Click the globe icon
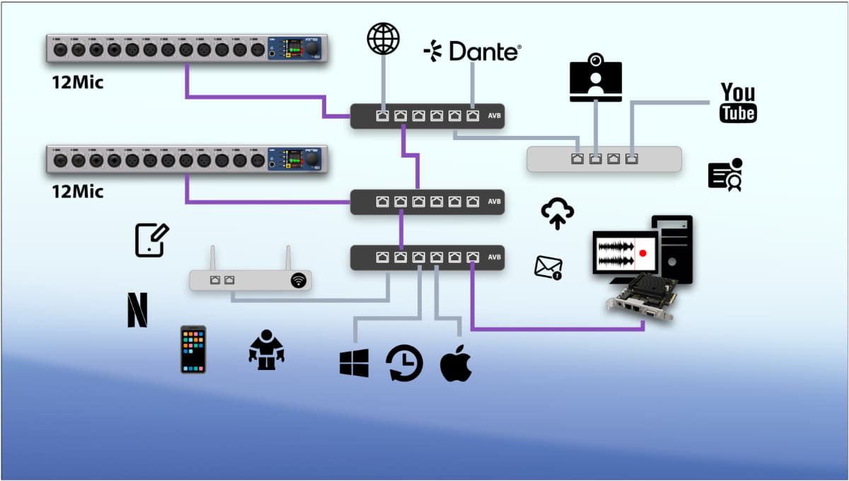[383, 39]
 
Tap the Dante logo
[472, 51]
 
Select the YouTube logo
[738, 103]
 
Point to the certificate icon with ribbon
[725, 175]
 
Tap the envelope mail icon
[548, 267]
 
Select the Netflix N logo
[137, 310]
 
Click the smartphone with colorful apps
[193, 349]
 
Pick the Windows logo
[354, 363]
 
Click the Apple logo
[456, 363]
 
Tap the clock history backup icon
[404, 364]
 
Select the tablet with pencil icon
[151, 240]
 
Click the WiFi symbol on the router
[299, 281]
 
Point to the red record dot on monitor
[642, 253]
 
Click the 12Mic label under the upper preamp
[78, 83]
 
